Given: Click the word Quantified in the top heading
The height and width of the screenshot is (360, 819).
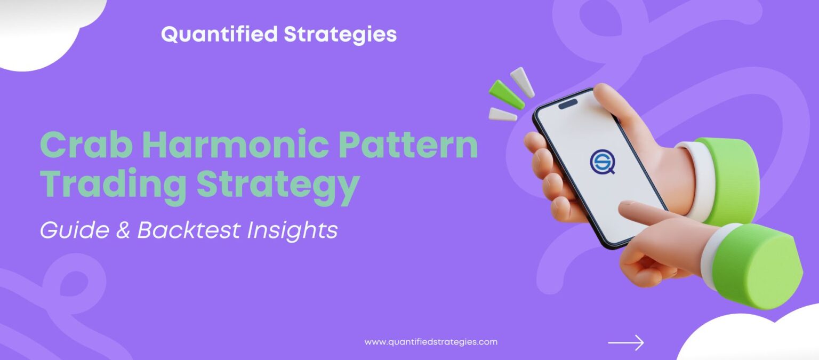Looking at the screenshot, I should click(219, 35).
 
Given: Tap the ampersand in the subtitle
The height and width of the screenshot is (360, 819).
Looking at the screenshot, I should click(121, 230).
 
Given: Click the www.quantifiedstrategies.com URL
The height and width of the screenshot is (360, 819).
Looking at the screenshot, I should click(431, 342).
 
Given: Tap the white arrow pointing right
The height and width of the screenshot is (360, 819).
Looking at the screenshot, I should click(626, 342).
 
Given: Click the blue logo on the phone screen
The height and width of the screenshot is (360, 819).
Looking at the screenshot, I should click(602, 161).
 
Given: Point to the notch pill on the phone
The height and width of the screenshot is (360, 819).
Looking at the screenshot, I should click(568, 103).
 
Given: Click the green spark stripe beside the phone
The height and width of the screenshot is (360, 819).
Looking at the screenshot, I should click(507, 94).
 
